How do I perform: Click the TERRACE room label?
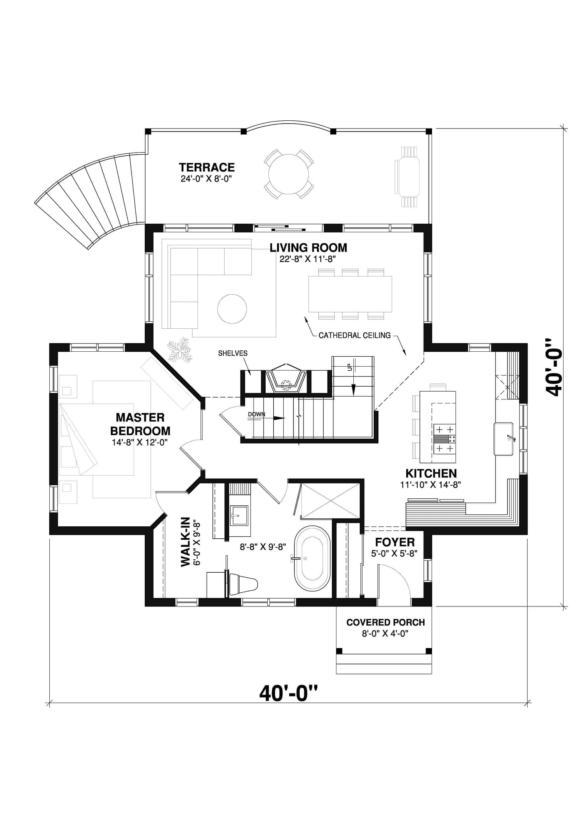[x=207, y=168]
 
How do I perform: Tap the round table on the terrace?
[x=289, y=174]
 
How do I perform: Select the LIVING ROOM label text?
[x=308, y=248]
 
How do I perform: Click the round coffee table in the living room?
[x=232, y=309]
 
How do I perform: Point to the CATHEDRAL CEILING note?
[x=354, y=336]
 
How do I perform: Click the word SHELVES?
[x=233, y=353]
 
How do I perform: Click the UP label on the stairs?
[x=350, y=367]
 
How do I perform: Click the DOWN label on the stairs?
[x=256, y=414]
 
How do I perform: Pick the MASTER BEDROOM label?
[x=140, y=424]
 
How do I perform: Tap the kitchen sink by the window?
[x=503, y=439]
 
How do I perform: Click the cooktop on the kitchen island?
[x=444, y=439]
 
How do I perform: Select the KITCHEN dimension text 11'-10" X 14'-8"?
[x=430, y=485]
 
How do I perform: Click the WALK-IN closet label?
[x=185, y=542]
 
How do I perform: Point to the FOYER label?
[x=394, y=542]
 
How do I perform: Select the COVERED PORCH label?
[x=385, y=623]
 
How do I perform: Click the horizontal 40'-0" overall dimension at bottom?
[x=289, y=693]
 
